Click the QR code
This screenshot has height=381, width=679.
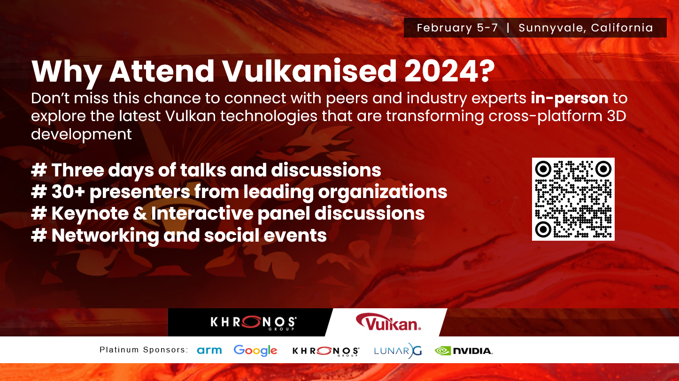[573, 199]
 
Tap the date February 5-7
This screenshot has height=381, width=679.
[457, 28]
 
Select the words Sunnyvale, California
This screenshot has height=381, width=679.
[586, 28]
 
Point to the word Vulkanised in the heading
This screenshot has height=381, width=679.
[309, 71]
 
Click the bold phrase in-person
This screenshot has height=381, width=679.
[569, 99]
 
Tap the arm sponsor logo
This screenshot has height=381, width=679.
[209, 351]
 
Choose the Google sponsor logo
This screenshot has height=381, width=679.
[255, 351]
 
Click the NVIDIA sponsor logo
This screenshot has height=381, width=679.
[463, 351]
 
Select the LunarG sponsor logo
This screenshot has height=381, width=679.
[398, 351]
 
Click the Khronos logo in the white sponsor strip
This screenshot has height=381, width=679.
[326, 351]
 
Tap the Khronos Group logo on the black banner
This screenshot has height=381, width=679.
[254, 322]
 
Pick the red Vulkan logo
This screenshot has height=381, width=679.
[388, 322]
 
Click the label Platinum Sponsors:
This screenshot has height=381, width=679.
[144, 350]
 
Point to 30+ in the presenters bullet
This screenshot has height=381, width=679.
[68, 192]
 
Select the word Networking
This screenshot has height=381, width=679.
[105, 236]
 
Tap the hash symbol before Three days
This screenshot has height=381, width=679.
[39, 170]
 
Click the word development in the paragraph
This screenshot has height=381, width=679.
[81, 134]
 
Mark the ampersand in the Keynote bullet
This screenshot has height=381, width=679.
[140, 213]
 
